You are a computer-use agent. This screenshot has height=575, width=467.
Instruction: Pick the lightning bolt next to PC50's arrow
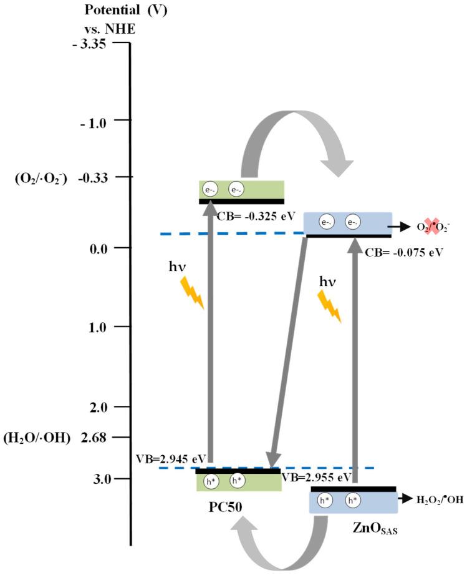pyautogui.click(x=191, y=293)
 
